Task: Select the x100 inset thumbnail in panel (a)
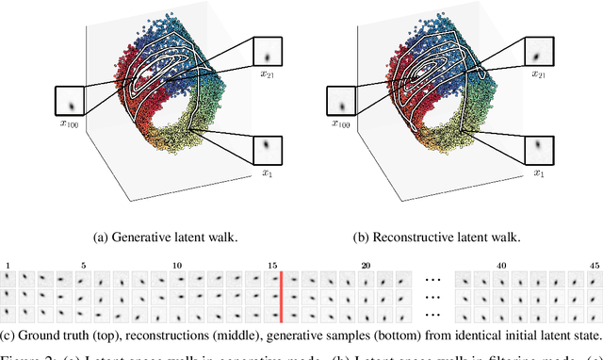point(70,101)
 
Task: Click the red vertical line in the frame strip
point(280,296)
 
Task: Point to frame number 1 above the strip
point(8,265)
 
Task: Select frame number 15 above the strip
point(269,265)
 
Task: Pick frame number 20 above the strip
point(365,265)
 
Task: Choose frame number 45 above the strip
point(594,265)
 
